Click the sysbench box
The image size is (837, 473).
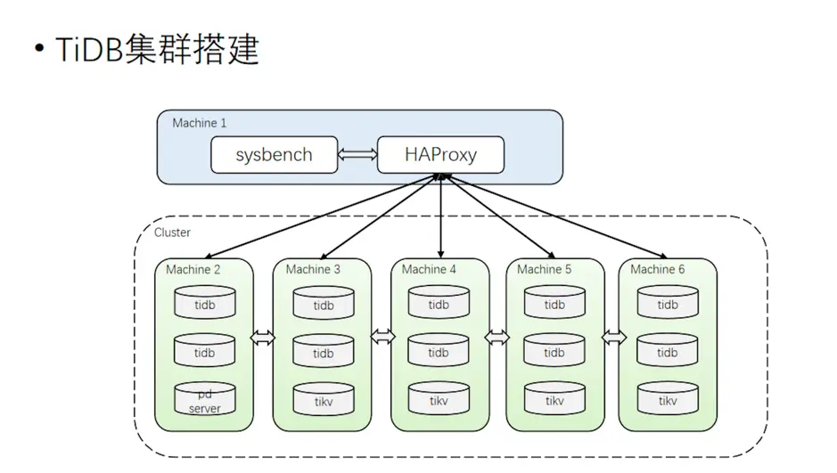pyautogui.click(x=274, y=155)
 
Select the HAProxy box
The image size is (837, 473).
pyautogui.click(x=440, y=155)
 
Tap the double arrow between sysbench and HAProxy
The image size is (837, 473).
pyautogui.click(x=358, y=155)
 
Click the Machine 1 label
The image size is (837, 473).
pyautogui.click(x=199, y=123)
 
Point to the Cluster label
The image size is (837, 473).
pyautogui.click(x=172, y=232)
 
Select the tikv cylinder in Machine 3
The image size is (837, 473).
pyautogui.click(x=324, y=401)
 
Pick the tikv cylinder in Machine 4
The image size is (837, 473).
pyautogui.click(x=439, y=400)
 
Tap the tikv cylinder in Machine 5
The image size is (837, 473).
pyautogui.click(x=554, y=400)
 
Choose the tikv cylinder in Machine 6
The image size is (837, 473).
pyautogui.click(x=668, y=400)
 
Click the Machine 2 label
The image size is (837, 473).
pyautogui.click(x=193, y=269)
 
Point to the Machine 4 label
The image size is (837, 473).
pyautogui.click(x=429, y=269)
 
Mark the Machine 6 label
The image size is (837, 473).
pyautogui.click(x=658, y=269)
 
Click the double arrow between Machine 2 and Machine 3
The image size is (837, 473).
pyautogui.click(x=263, y=338)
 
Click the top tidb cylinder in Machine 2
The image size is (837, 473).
pyautogui.click(x=204, y=304)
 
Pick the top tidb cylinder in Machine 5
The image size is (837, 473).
pyautogui.click(x=554, y=304)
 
